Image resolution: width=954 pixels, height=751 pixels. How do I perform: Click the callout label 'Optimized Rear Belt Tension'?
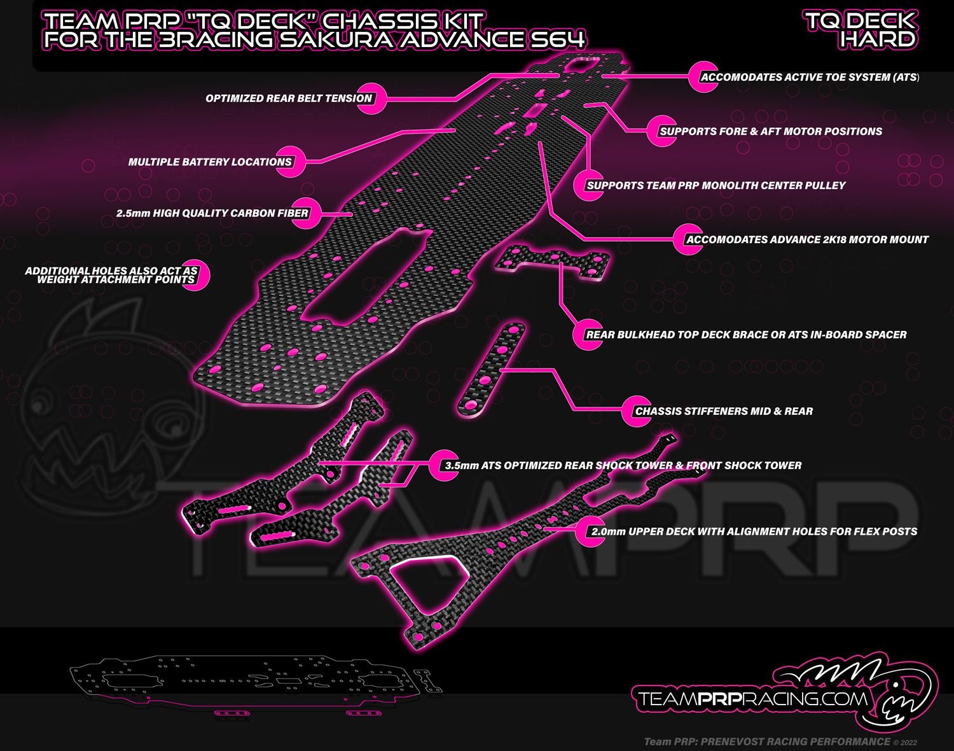click(x=288, y=99)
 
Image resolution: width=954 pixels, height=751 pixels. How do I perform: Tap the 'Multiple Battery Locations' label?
click(x=210, y=162)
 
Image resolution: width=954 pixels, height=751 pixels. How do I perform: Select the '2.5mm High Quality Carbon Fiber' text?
click(x=212, y=214)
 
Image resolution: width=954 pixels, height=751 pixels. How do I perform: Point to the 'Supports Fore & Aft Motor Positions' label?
click(x=771, y=132)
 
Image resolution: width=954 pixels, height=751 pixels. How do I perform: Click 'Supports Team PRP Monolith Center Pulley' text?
click(x=716, y=186)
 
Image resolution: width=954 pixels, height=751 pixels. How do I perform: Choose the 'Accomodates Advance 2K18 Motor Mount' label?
click(x=807, y=240)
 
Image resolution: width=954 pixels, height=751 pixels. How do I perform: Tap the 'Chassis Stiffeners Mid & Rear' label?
click(x=724, y=412)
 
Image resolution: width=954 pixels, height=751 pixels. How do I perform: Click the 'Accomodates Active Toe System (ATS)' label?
click(x=809, y=78)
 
